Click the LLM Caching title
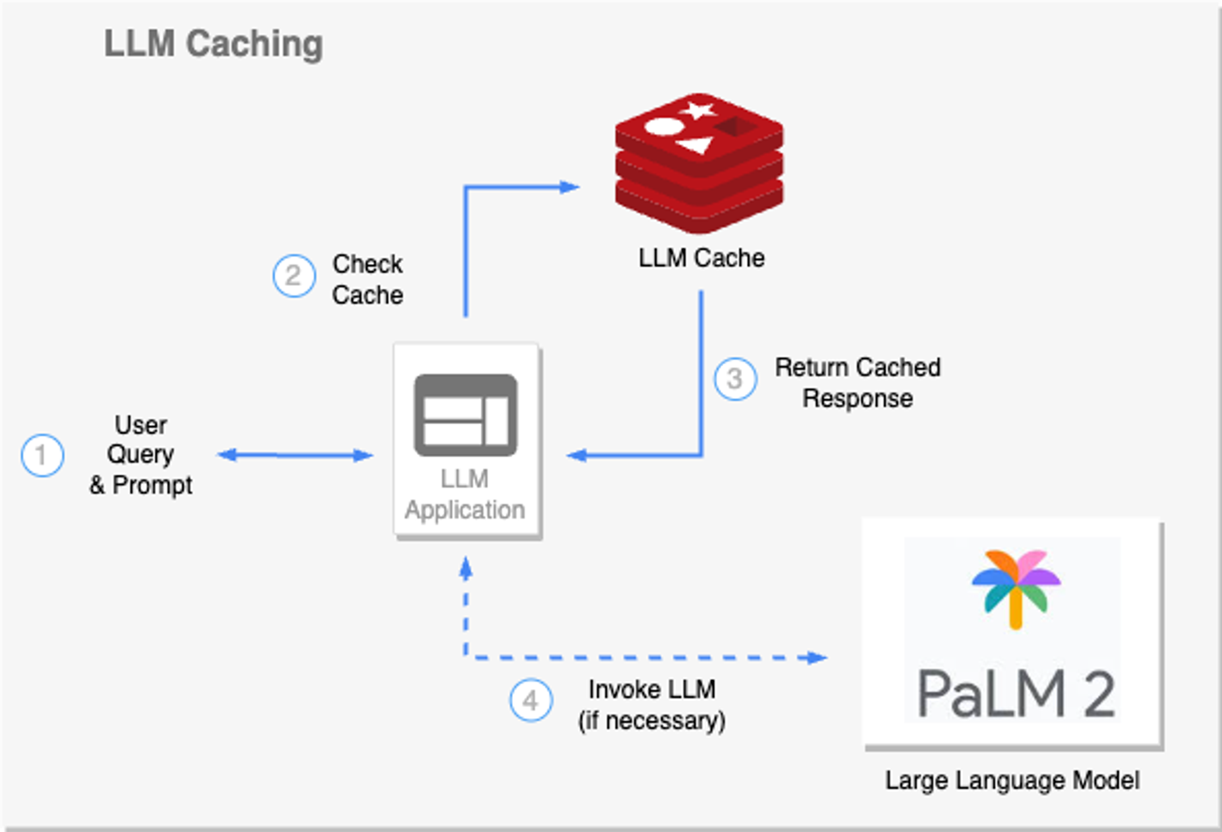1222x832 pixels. pos(213,44)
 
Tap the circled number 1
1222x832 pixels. pos(42,455)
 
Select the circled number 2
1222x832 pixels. pos(293,276)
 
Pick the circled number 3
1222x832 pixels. pos(735,379)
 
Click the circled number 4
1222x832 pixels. pos(531,700)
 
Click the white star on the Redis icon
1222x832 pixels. pos(698,110)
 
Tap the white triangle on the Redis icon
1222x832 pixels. pos(696,146)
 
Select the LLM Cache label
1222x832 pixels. pos(701,258)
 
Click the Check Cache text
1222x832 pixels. pos(367,279)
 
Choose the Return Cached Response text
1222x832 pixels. pos(857,383)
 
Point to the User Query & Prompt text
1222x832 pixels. pos(141,455)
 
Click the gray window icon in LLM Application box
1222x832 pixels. pos(465,415)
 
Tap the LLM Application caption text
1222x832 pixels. pos(465,495)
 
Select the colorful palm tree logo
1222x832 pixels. pos(1016,587)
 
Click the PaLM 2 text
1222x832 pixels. pos(1016,694)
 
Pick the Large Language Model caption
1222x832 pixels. pos(1012,780)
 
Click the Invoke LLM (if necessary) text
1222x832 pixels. pos(652,705)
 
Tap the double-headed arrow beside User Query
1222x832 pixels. pos(295,455)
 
